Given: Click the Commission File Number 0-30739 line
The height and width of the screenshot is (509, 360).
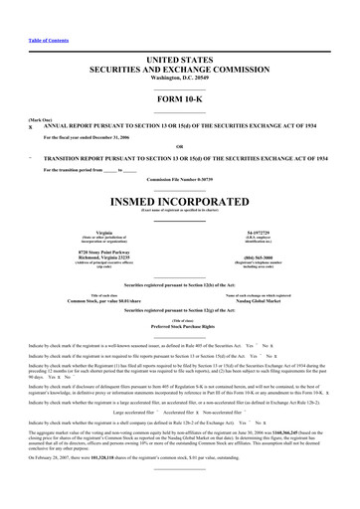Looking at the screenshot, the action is (x=179, y=179).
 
